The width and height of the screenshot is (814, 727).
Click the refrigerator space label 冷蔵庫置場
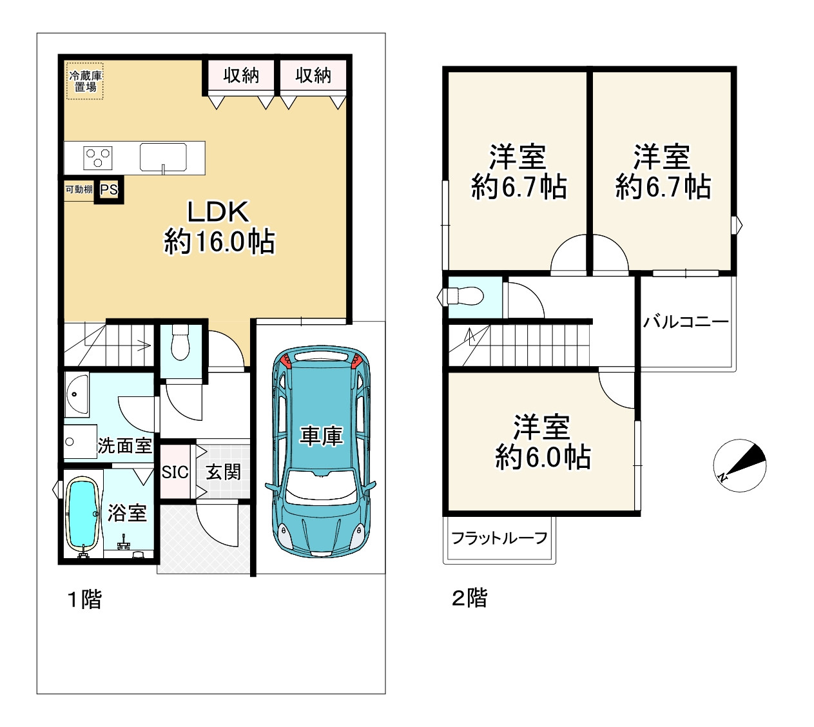[85, 81]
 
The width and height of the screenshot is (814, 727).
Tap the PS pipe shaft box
[109, 189]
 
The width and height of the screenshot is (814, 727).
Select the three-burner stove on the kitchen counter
[97, 158]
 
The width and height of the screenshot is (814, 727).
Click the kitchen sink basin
[163, 157]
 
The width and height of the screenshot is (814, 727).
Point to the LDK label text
[218, 212]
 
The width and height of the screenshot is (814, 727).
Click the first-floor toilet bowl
[180, 342]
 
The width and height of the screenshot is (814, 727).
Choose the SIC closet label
[175, 472]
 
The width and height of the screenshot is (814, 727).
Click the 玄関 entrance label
[223, 472]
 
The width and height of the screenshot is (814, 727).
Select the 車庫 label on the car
[321, 436]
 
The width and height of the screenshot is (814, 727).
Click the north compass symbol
[739, 465]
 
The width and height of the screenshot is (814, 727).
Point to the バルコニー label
[686, 322]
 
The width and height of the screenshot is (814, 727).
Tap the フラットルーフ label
[499, 538]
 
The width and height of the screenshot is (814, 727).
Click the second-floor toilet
[465, 296]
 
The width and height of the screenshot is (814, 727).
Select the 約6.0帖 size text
[543, 458]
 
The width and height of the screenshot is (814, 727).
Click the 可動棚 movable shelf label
[79, 189]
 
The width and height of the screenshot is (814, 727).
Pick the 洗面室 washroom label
[125, 446]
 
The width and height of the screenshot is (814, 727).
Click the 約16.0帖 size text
[219, 242]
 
